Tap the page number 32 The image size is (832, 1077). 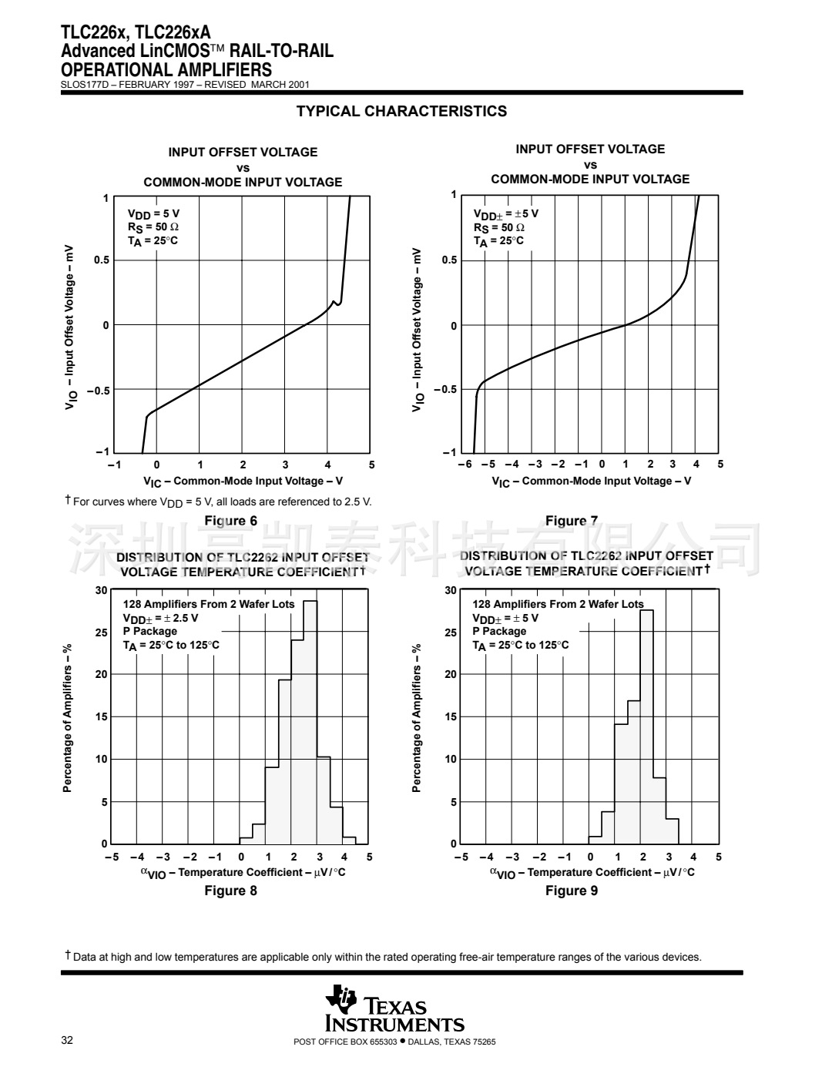point(67,1042)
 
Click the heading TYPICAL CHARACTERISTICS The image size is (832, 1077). point(401,111)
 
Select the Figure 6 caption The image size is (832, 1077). point(230,521)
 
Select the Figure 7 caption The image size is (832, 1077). point(571,521)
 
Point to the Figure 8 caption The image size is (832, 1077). point(230,891)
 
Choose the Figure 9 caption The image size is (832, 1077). point(571,891)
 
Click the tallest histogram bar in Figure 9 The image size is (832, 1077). point(646,728)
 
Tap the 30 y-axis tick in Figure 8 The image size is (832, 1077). point(102,591)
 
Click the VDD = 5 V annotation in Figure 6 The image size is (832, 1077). point(153,213)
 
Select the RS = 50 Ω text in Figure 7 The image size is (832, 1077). point(499,227)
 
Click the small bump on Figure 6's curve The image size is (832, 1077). point(334,301)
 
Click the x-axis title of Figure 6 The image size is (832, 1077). point(243,481)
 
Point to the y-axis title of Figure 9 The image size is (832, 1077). point(417,718)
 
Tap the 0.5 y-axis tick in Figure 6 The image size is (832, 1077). point(102,260)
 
